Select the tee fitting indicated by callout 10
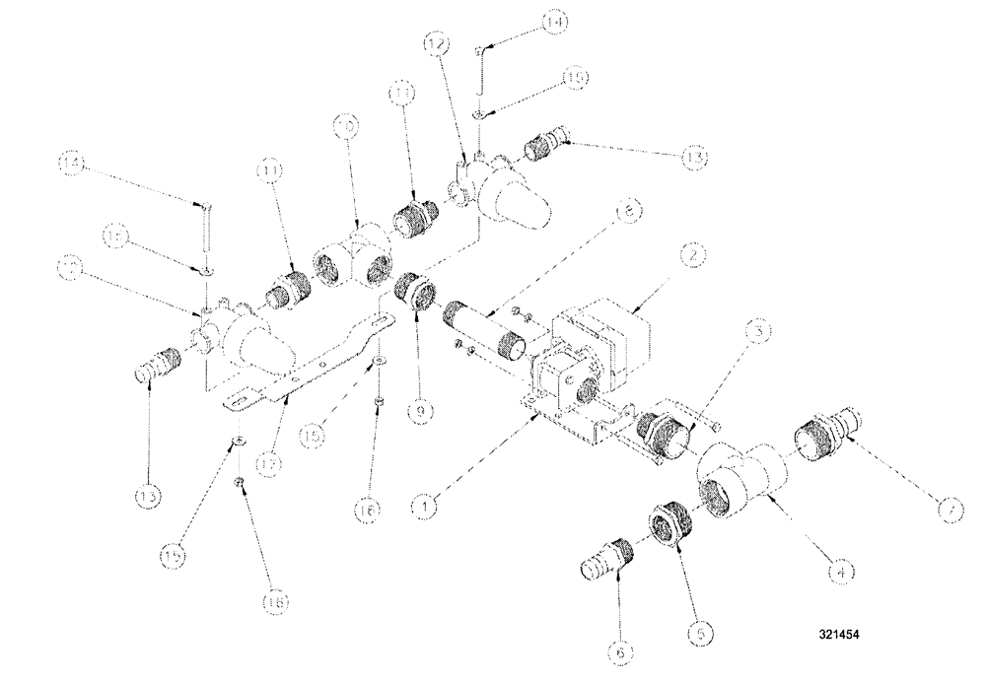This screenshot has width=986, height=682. pos(351,257)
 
